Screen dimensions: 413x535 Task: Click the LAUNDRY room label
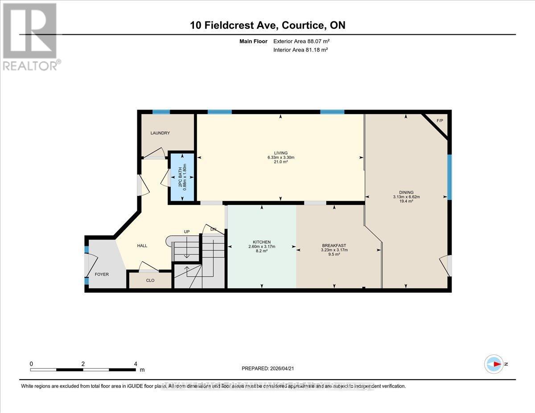point(160,133)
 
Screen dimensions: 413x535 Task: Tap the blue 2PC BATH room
point(181,177)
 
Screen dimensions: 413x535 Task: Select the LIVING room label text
point(281,153)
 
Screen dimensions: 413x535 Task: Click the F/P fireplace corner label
point(440,121)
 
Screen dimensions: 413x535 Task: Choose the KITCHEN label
point(262,242)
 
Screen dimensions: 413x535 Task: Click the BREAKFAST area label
point(334,245)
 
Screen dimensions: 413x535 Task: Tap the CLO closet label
point(150,281)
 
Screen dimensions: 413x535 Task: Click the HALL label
point(142,245)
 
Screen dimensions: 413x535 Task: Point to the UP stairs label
point(187,232)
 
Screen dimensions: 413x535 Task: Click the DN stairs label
point(214,229)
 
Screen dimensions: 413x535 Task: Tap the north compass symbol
point(494,364)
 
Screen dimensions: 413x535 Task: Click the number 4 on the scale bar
point(136,364)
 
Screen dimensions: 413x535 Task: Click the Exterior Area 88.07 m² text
point(301,41)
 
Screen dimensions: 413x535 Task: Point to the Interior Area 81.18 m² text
point(300,50)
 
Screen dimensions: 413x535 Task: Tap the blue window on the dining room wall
point(449,177)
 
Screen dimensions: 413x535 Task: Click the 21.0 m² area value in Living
point(281,162)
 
